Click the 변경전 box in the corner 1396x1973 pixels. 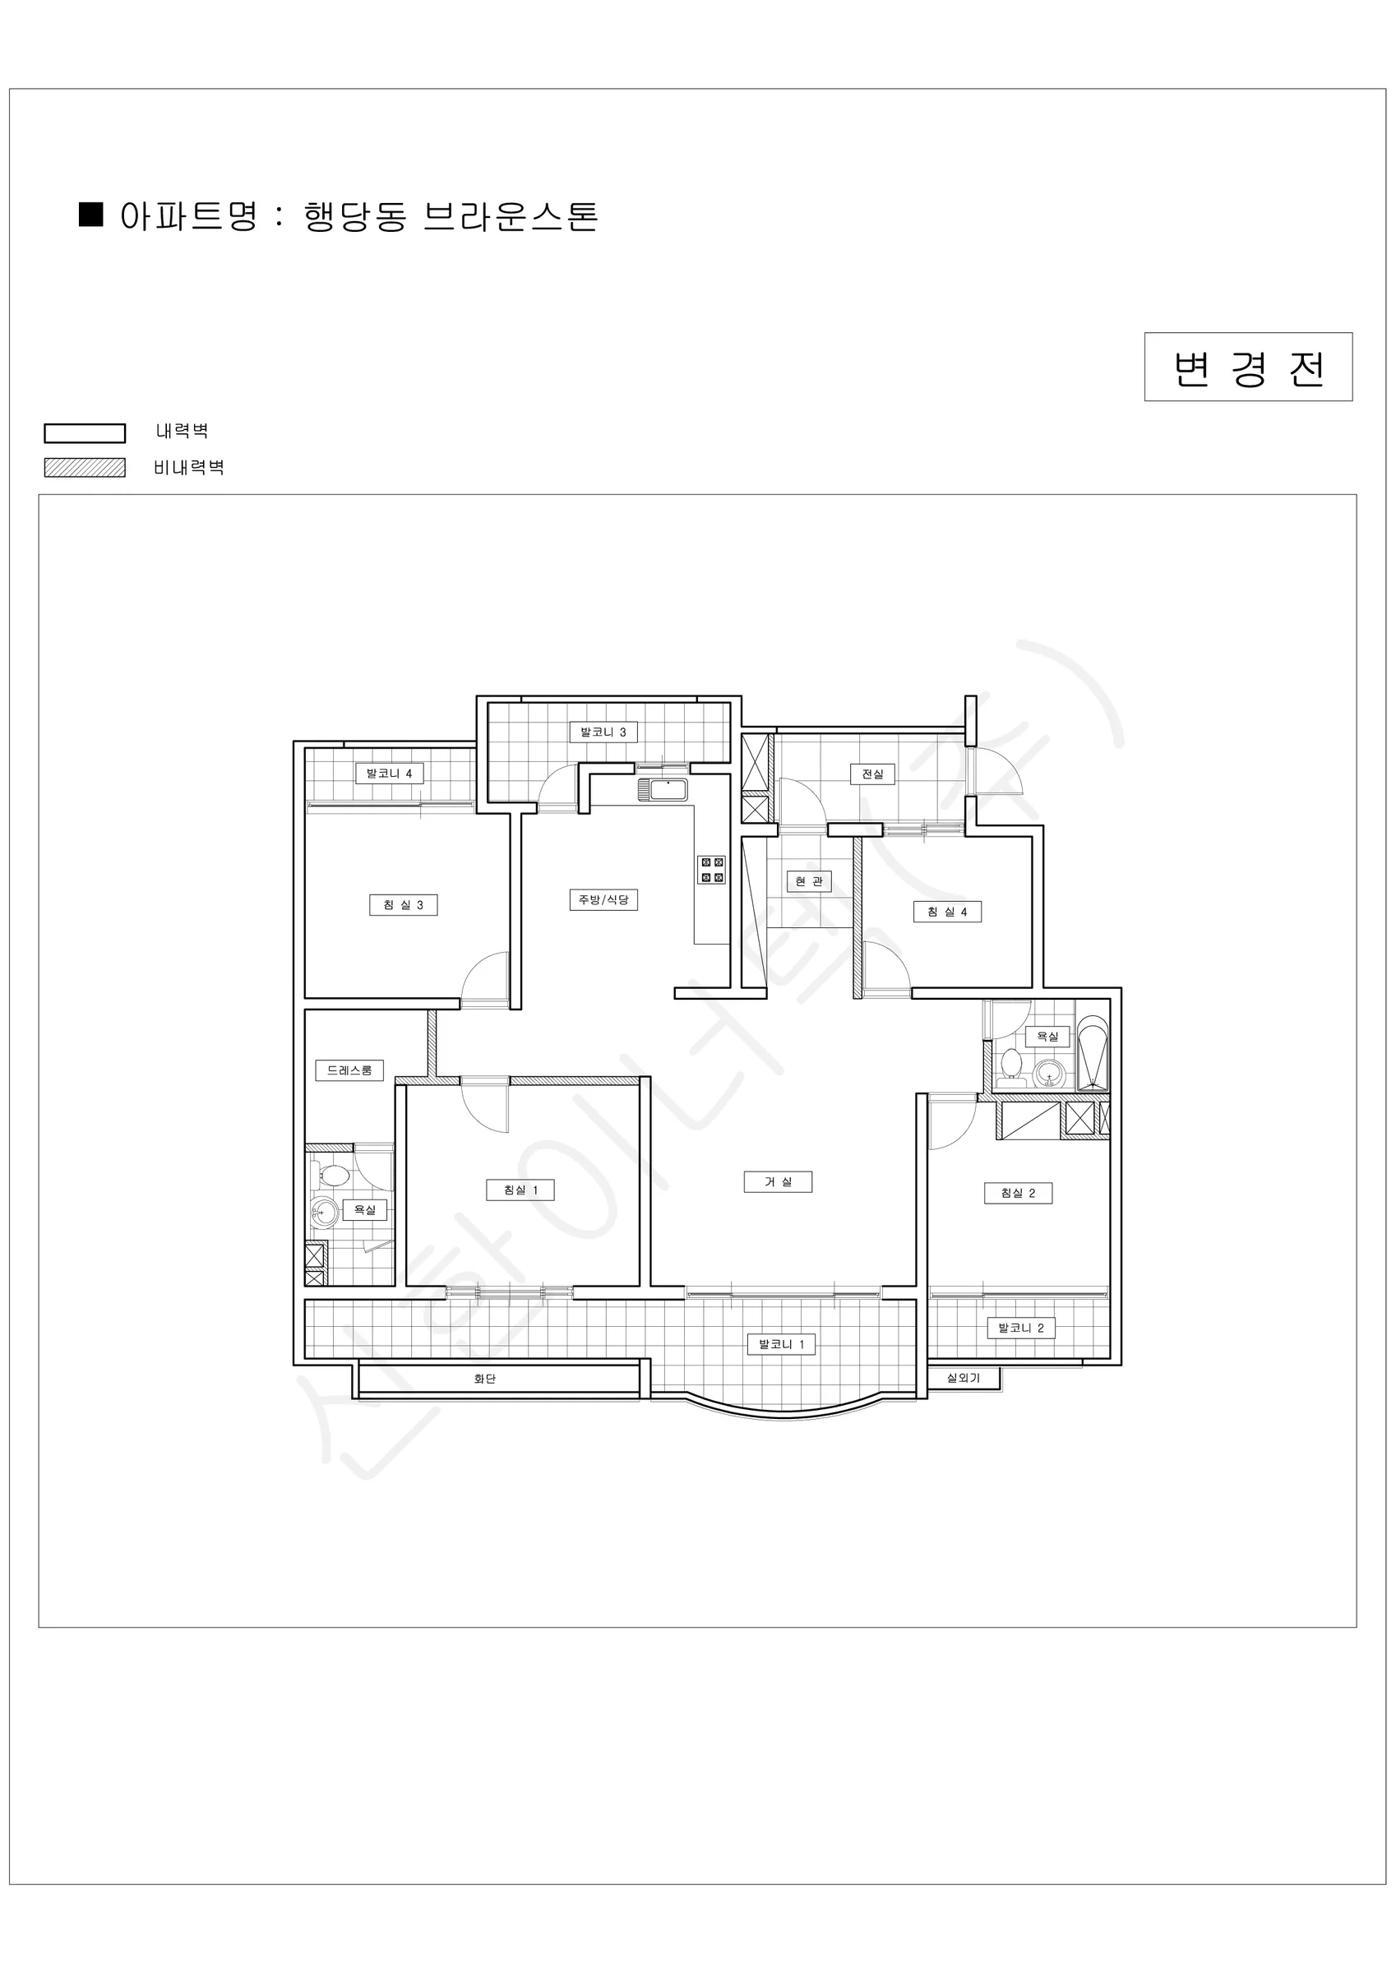pos(1248,367)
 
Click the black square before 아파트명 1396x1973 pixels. pos(91,214)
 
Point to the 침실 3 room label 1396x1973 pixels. pos(403,905)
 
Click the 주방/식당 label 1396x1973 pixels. pos(603,899)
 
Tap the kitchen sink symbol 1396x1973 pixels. pos(663,790)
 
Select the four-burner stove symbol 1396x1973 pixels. pos(712,870)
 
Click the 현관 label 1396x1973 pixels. pos(809,880)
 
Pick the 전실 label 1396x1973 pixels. pos(872,774)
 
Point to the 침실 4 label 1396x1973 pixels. pos(947,912)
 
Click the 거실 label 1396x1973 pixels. pos(778,1181)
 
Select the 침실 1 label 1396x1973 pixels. pos(520,1190)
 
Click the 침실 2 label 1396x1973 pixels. pos(1018,1193)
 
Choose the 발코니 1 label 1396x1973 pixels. pos(781,1344)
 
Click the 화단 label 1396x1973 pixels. pos(485,1379)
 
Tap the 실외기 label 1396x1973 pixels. pos(963,1378)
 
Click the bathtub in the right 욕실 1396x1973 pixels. pos(1093,1054)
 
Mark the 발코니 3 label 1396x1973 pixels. pos(603,732)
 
